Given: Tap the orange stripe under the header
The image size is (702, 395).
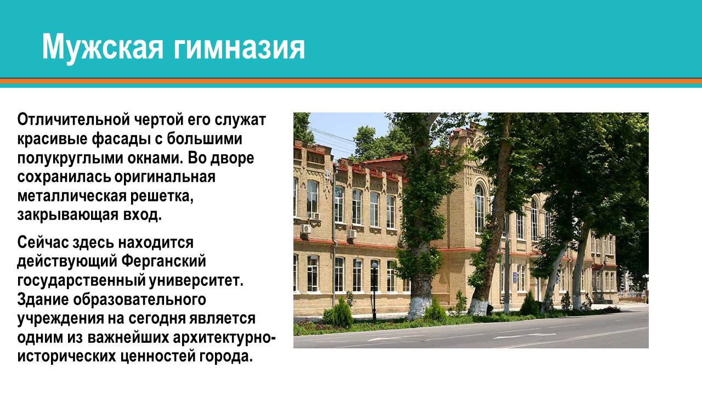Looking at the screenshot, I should point(351,81).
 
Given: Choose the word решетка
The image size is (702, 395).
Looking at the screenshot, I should point(165,196).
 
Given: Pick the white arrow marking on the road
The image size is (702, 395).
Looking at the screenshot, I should point(516,335).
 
